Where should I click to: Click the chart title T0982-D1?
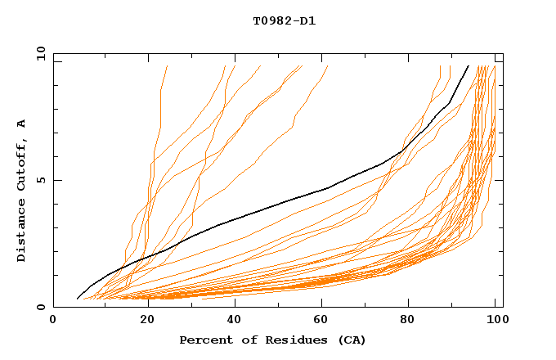[284, 20]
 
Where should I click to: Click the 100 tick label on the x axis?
[496, 320]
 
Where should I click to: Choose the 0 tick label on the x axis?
[54, 320]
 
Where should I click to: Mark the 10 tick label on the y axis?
[40, 53]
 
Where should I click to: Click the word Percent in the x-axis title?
[202, 340]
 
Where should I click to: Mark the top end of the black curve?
[468, 66]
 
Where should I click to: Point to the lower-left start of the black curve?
[77, 299]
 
